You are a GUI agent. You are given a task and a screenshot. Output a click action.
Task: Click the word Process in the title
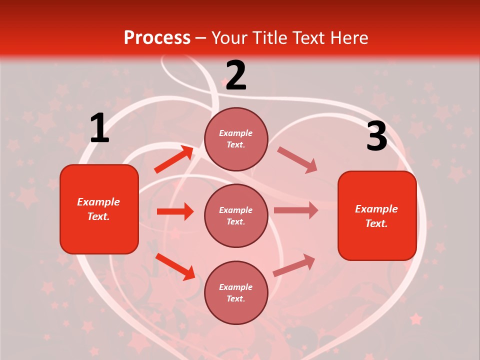[x=157, y=37]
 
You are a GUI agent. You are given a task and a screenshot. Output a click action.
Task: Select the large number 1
[x=99, y=128]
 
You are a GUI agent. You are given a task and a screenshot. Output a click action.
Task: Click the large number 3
[x=376, y=136]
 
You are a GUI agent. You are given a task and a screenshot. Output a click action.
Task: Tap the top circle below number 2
[x=236, y=139]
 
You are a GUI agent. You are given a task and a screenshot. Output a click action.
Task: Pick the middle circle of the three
[x=236, y=215]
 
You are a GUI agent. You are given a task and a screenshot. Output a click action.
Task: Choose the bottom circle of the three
[x=236, y=292]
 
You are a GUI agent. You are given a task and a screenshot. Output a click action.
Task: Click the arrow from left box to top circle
[x=174, y=159]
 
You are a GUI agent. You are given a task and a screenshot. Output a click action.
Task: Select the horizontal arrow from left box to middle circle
[x=175, y=211]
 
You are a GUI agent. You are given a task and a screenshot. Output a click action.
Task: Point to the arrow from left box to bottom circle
[x=175, y=266]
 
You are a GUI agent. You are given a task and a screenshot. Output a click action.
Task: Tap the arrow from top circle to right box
[x=297, y=160]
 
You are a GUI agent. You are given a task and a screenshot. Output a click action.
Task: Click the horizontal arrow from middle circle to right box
[x=295, y=210]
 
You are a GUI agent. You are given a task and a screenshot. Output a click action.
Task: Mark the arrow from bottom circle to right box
[x=294, y=265]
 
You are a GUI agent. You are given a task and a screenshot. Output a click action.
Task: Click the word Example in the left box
[x=98, y=202]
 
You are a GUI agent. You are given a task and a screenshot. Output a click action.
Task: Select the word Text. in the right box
[x=376, y=223]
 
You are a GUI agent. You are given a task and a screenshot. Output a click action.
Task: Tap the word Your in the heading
[x=230, y=37]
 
